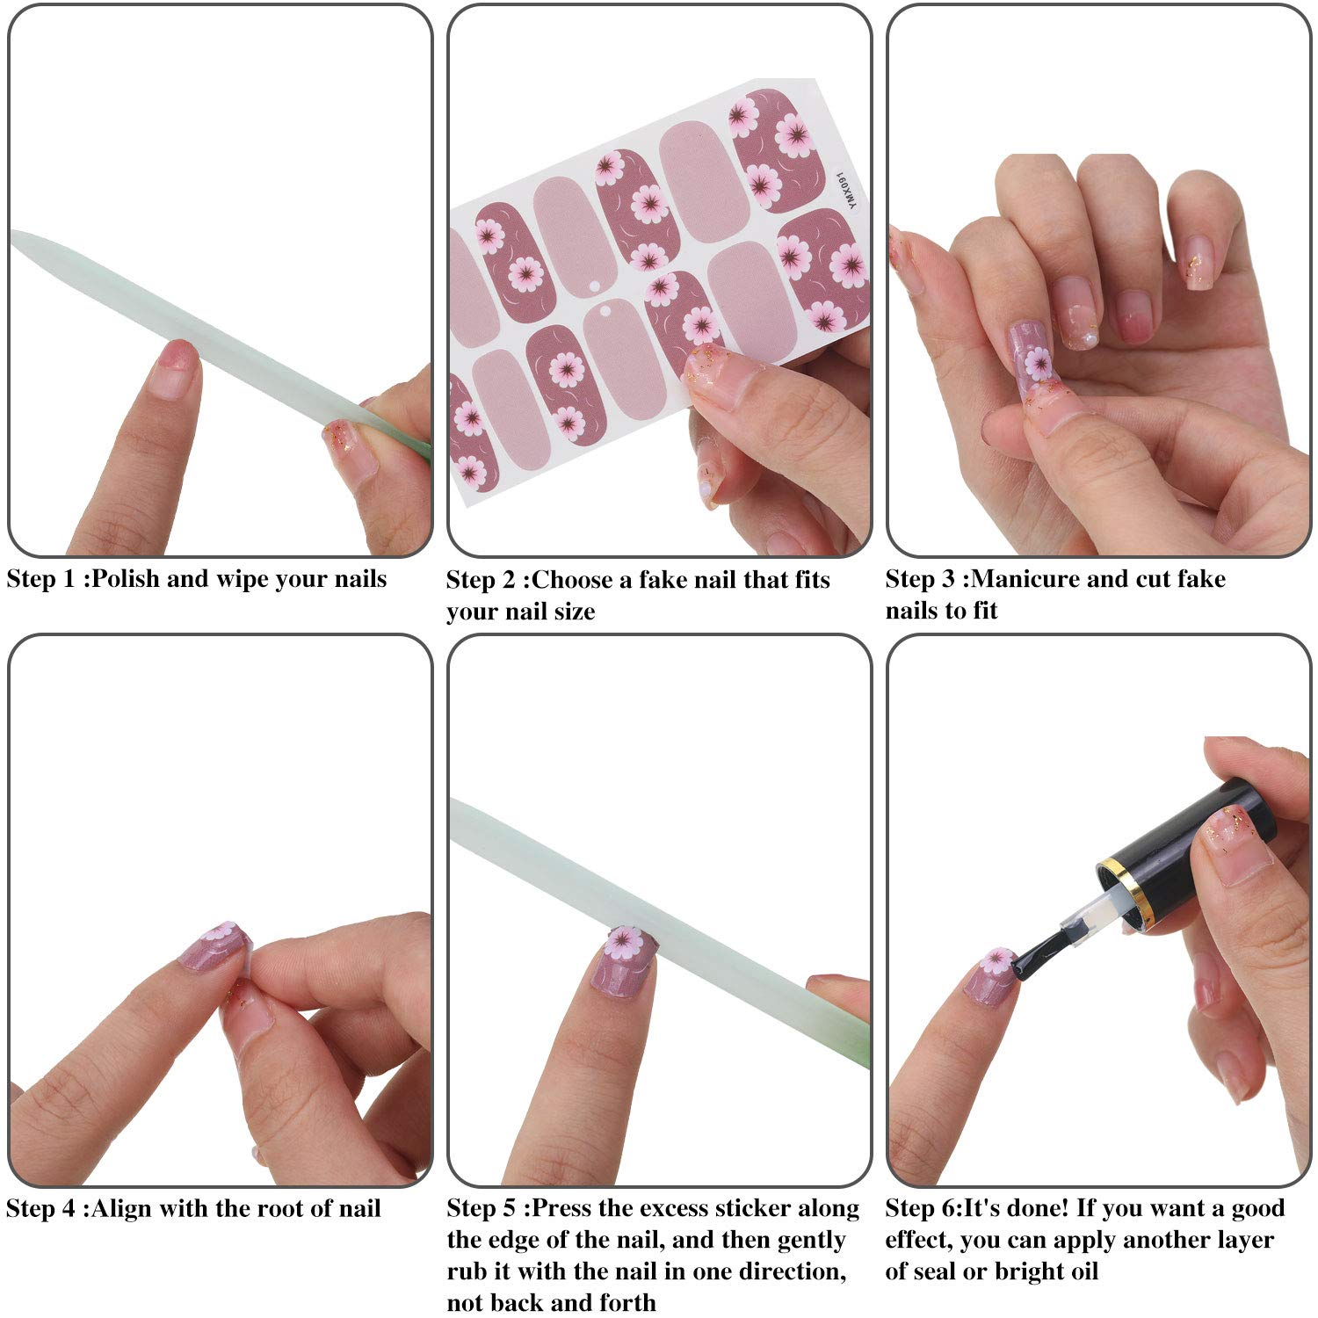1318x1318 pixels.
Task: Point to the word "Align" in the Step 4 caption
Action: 122,1209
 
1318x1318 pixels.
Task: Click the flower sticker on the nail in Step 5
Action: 626,945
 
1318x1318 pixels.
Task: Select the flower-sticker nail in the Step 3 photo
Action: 1030,351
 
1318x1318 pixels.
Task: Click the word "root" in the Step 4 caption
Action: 291,1209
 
